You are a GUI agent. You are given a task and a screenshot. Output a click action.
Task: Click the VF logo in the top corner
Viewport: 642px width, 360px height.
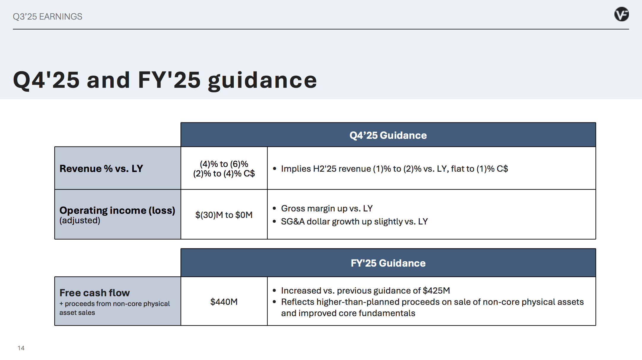(x=622, y=14)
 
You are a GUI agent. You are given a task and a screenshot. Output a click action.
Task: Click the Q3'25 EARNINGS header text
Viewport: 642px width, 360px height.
(x=47, y=17)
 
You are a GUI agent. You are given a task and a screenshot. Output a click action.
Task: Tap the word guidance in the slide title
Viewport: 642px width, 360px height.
(x=263, y=81)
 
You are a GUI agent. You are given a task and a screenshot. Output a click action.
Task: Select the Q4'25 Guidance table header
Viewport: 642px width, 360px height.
(x=388, y=135)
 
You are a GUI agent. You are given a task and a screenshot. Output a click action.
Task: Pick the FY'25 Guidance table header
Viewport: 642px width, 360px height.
(x=388, y=263)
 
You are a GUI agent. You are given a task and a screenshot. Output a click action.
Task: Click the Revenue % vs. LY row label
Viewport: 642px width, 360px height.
(x=101, y=168)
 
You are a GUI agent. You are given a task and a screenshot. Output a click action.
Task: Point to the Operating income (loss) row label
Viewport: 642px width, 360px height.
(x=117, y=210)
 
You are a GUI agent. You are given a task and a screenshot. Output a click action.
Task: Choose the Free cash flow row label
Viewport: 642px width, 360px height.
(x=95, y=293)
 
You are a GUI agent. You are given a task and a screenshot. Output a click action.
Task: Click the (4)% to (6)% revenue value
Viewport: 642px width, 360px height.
(x=224, y=164)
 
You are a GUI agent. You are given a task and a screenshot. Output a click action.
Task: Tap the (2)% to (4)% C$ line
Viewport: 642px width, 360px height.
(x=224, y=173)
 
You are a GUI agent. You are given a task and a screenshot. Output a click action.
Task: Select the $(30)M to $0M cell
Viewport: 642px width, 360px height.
(x=224, y=215)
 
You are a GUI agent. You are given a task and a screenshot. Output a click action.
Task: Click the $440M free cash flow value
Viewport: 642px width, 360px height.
(x=224, y=302)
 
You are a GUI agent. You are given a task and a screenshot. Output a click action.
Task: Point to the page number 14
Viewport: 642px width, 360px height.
(x=21, y=348)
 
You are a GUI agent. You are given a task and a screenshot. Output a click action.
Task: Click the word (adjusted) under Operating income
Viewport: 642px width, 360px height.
(x=80, y=221)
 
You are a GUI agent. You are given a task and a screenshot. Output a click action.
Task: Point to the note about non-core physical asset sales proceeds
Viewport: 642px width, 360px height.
(x=115, y=308)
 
